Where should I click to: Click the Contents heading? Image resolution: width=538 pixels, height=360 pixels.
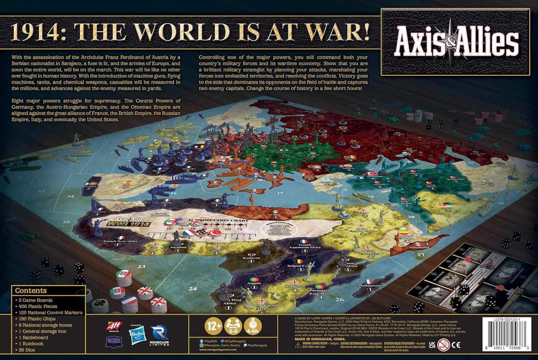point(31,291)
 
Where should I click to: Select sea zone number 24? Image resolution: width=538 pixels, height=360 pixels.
point(193,288)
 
